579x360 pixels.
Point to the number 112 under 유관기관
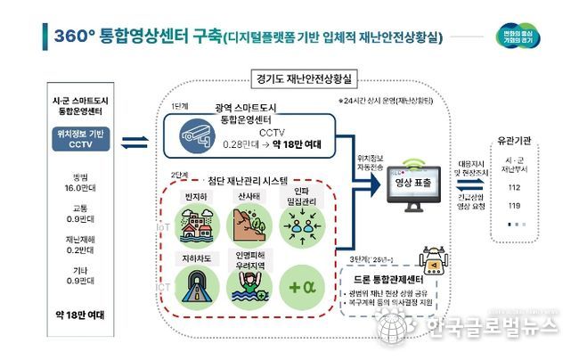pos(514,188)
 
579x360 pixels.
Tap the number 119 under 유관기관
pos(514,207)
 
